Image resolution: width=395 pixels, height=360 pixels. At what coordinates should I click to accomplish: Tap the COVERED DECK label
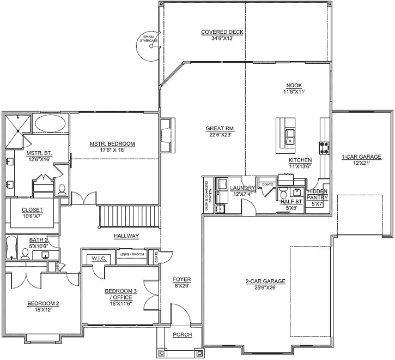click(x=222, y=32)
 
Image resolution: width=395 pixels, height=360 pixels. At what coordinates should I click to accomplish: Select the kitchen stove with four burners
click(x=325, y=147)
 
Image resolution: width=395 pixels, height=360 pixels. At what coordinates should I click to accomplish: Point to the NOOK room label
click(x=293, y=86)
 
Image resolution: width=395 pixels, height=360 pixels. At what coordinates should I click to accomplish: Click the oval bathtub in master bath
click(x=52, y=124)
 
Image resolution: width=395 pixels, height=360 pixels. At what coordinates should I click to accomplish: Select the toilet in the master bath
click(x=62, y=190)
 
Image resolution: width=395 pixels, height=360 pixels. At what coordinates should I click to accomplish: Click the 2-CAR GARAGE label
click(x=265, y=281)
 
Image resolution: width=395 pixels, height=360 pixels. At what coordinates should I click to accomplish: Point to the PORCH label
click(x=182, y=334)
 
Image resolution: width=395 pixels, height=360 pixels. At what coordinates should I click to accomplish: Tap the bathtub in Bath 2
click(x=11, y=248)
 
